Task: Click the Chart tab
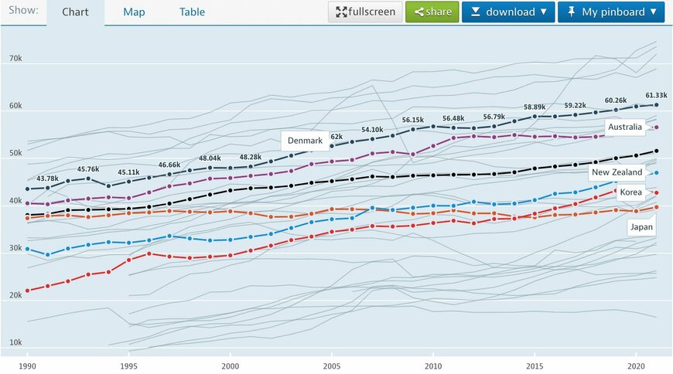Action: [x=75, y=12]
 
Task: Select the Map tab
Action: [x=134, y=12]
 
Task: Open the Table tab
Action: [x=192, y=12]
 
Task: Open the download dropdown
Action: [x=508, y=12]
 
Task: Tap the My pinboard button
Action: [x=611, y=12]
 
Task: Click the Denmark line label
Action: [x=305, y=141]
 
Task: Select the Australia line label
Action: [x=625, y=127]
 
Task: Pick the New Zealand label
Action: [x=617, y=172]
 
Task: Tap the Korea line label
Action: [x=631, y=191]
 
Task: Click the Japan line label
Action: [x=641, y=227]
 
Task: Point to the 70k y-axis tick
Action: [x=15, y=59]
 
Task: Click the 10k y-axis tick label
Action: [x=15, y=342]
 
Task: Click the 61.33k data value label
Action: [x=655, y=94]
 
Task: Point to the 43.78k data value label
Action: [x=48, y=178]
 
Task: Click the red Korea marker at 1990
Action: [x=28, y=291]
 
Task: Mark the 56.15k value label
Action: [x=412, y=120]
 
